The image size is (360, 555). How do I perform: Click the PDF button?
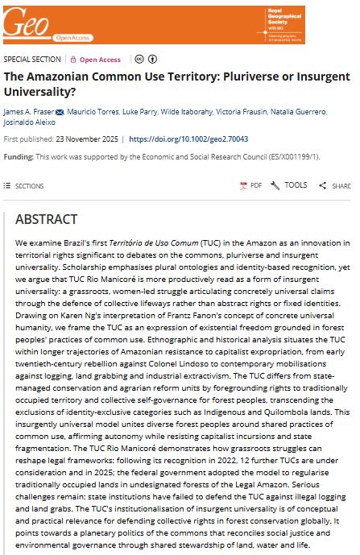[250, 185]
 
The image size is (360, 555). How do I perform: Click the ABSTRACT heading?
[46, 219]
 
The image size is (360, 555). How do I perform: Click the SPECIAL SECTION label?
[32, 60]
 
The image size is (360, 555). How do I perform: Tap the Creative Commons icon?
[139, 60]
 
